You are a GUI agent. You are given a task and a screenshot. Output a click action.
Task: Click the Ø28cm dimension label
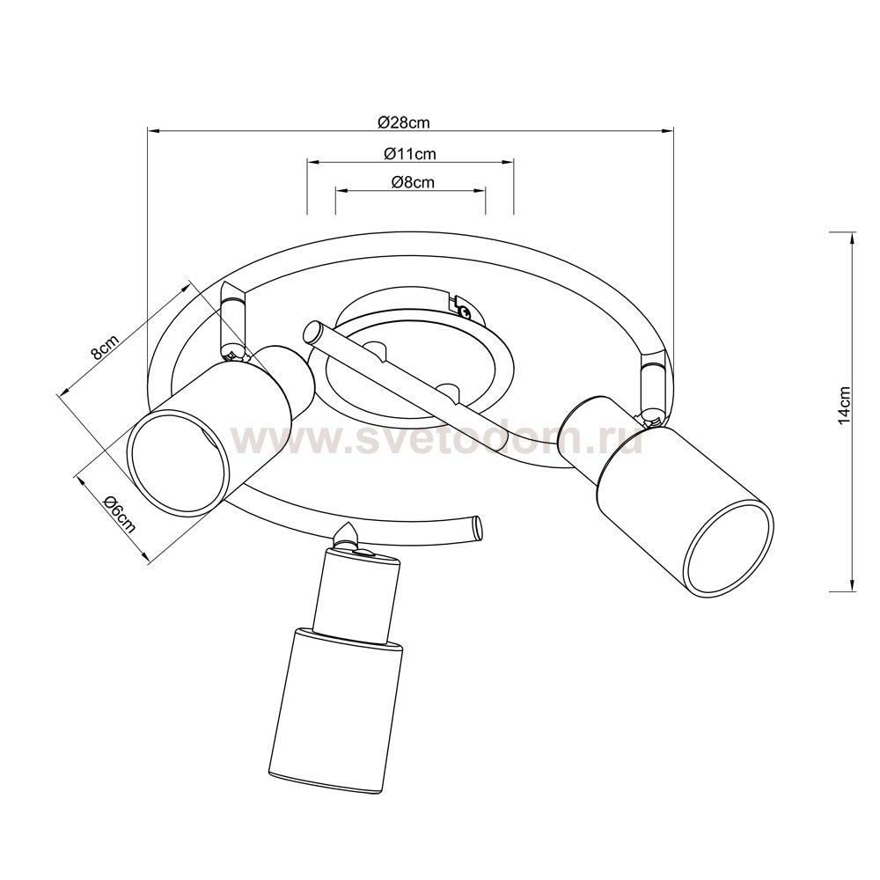pyautogui.click(x=404, y=122)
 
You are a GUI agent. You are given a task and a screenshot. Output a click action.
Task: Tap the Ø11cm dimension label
pyautogui.click(x=410, y=153)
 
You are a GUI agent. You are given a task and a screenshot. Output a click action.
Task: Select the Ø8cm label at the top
pyautogui.click(x=413, y=182)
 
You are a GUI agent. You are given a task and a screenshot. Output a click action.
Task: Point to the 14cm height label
pyautogui.click(x=845, y=405)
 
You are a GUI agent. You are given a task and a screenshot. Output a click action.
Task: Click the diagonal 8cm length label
pyautogui.click(x=105, y=348)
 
